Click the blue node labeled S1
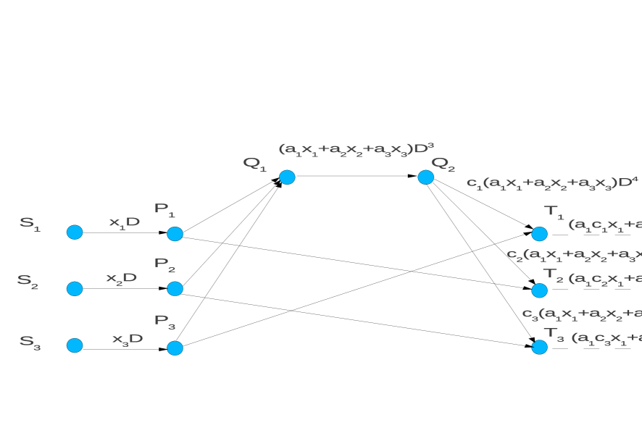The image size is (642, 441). (75, 232)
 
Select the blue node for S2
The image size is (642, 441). (75, 288)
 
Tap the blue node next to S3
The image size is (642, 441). (75, 345)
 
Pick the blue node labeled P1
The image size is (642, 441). (175, 233)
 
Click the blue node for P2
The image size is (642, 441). (175, 288)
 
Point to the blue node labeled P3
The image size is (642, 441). (175, 348)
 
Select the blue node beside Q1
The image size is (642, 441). (287, 177)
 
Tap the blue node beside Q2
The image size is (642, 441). (425, 177)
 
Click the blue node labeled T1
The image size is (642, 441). (539, 233)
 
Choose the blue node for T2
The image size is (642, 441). (539, 290)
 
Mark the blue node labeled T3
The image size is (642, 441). (539, 347)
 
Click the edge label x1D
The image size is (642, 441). (124, 222)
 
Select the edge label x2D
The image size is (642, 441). (121, 278)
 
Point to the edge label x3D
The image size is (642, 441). (127, 339)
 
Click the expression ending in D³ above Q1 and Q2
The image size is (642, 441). (356, 149)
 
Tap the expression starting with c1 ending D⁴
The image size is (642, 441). (552, 182)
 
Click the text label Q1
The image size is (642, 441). (254, 164)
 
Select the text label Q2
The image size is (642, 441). (443, 164)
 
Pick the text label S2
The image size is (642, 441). (28, 281)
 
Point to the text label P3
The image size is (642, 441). (164, 321)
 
